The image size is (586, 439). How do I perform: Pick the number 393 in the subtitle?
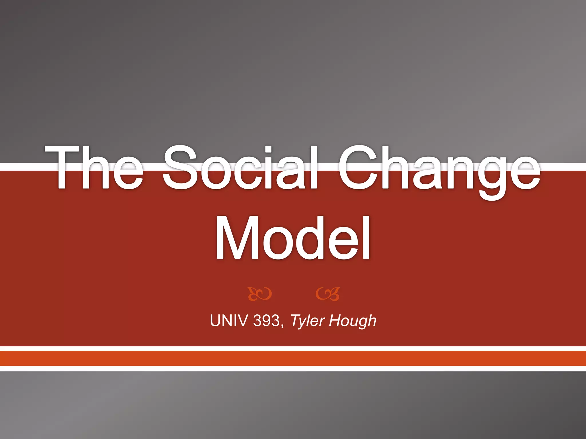(x=266, y=320)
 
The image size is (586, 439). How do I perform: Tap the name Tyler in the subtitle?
(x=308, y=320)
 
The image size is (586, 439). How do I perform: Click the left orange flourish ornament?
(x=260, y=294)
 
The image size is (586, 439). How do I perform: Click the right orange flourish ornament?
(x=328, y=294)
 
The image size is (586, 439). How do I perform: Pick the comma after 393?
(x=282, y=326)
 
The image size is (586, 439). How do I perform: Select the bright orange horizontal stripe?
(x=293, y=358)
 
